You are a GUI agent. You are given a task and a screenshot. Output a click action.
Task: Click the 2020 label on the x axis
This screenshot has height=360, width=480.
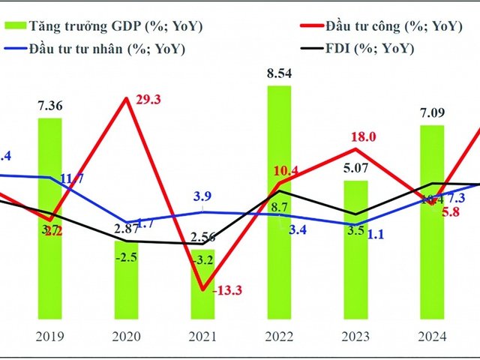125,336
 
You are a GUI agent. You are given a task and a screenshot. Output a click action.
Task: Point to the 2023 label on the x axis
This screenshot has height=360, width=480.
356,336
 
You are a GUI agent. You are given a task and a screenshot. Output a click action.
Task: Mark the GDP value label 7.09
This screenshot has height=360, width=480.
431,115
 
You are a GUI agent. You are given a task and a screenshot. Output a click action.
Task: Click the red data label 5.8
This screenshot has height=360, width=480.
451,212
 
